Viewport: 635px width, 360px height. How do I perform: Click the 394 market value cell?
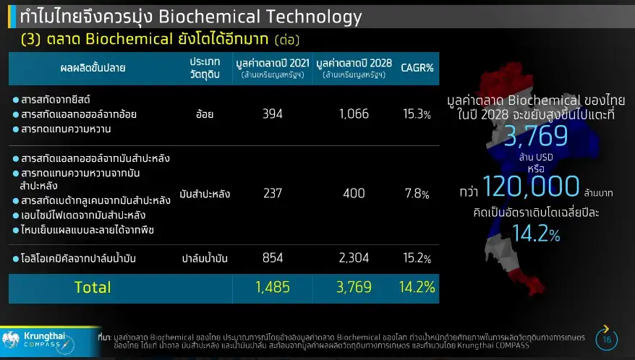(x=273, y=114)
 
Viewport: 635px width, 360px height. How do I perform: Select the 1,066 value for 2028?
(x=353, y=114)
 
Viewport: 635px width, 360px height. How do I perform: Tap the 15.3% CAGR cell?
(x=417, y=114)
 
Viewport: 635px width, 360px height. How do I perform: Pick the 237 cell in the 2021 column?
(x=273, y=194)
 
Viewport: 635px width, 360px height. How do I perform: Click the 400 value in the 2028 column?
(x=353, y=194)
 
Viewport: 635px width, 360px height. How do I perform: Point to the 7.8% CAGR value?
(x=417, y=194)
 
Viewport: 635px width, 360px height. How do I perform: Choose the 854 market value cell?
(x=273, y=258)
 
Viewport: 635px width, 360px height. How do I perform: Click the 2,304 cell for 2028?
(x=353, y=258)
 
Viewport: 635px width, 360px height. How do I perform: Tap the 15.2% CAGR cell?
(x=417, y=258)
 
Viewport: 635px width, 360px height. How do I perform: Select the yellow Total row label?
(x=93, y=287)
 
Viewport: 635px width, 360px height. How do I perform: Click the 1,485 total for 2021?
(x=273, y=287)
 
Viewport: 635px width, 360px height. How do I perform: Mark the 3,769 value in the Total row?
(x=353, y=287)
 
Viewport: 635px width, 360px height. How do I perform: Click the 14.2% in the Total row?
(x=417, y=287)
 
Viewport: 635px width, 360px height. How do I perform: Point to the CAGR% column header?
(x=417, y=68)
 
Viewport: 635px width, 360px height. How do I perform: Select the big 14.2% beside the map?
(x=535, y=233)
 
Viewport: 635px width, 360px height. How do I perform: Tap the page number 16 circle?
(x=606, y=339)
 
